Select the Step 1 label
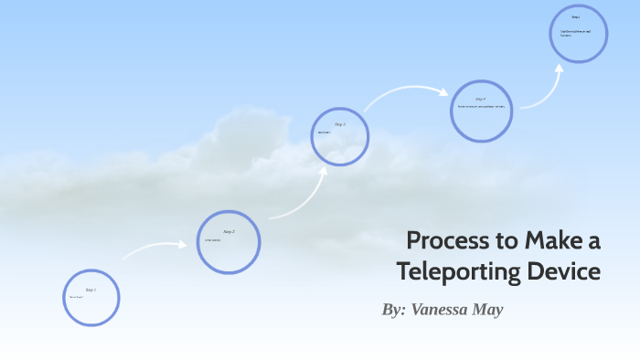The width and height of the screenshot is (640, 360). (91, 290)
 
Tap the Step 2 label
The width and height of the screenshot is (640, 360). (229, 232)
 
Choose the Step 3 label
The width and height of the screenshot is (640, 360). (340, 124)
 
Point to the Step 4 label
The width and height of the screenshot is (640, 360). (480, 99)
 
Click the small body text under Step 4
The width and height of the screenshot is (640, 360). (481, 107)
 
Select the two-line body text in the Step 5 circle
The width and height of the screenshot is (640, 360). (575, 34)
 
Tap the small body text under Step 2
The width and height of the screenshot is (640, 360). (212, 240)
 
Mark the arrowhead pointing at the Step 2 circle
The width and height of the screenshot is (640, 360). (185, 245)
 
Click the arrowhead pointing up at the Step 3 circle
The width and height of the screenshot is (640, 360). (324, 170)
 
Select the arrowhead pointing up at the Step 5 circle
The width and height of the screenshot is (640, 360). (558, 68)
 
